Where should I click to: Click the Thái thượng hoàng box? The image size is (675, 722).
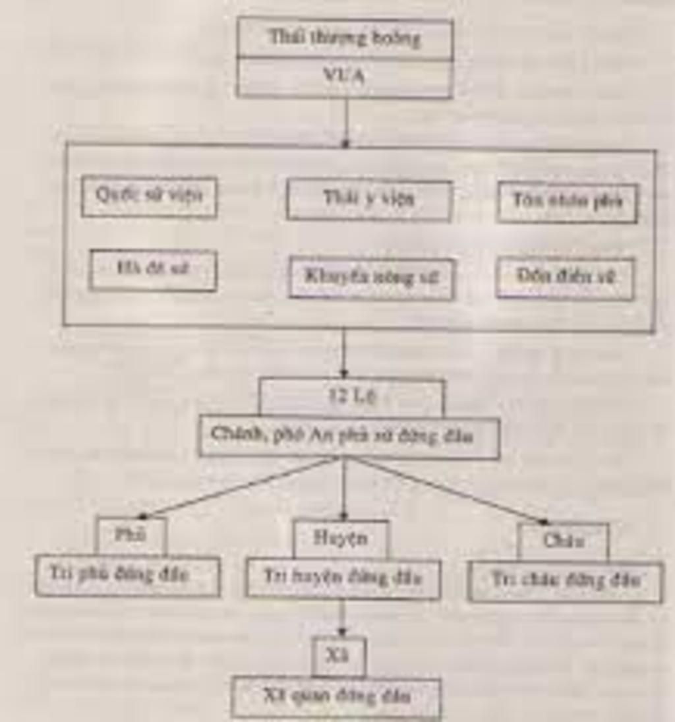coord(345,38)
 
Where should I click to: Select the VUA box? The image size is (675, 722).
coord(345,77)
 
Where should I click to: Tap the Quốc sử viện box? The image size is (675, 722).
coord(149,196)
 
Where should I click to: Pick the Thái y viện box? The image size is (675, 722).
coord(369,200)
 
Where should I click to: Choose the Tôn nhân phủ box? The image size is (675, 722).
coord(567,202)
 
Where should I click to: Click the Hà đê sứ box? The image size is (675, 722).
coord(153,270)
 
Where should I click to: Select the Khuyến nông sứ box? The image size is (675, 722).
coord(371,278)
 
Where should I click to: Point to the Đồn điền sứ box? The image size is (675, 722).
coord(566,278)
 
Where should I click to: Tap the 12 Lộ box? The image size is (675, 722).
coord(351,397)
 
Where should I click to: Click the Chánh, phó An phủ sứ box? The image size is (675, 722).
coord(349,436)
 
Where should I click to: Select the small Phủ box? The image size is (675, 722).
coord(131,535)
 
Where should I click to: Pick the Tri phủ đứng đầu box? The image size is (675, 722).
coord(127,576)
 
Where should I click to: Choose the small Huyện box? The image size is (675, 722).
coord(341,539)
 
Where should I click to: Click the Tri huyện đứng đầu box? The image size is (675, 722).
coord(342,579)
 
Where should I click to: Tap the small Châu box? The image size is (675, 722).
coord(563,541)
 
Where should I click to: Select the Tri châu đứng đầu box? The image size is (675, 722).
coord(565,582)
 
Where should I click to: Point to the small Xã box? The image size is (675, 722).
coord(338,655)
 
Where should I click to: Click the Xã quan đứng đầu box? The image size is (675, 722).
coord(336,697)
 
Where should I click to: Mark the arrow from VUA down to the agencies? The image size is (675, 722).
coord(345,122)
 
